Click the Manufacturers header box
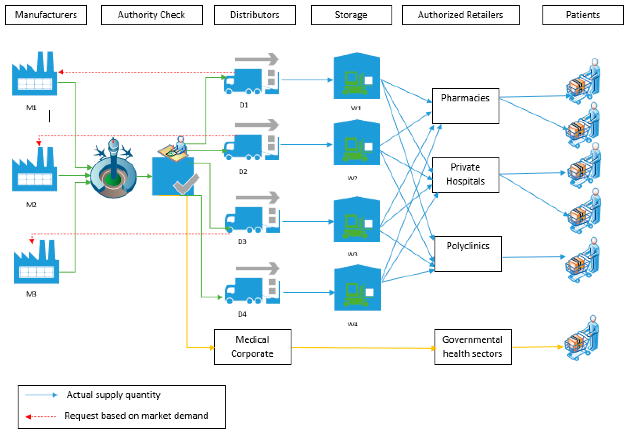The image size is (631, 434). coord(46,15)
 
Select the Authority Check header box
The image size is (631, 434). coord(152,15)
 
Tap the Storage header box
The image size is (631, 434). coord(351,15)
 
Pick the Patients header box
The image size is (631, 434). coord(583,15)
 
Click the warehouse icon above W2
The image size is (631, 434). coord(357,143)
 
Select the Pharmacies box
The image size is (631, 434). coord(465,106)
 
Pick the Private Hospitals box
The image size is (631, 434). coord(465,175)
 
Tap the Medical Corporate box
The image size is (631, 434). coord(253,347)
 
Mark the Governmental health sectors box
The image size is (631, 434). coord(473,347)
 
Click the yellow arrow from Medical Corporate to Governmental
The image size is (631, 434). coord(362,348)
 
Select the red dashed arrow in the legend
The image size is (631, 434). coord(41,417)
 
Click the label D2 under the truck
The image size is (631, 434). coord(243,172)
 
